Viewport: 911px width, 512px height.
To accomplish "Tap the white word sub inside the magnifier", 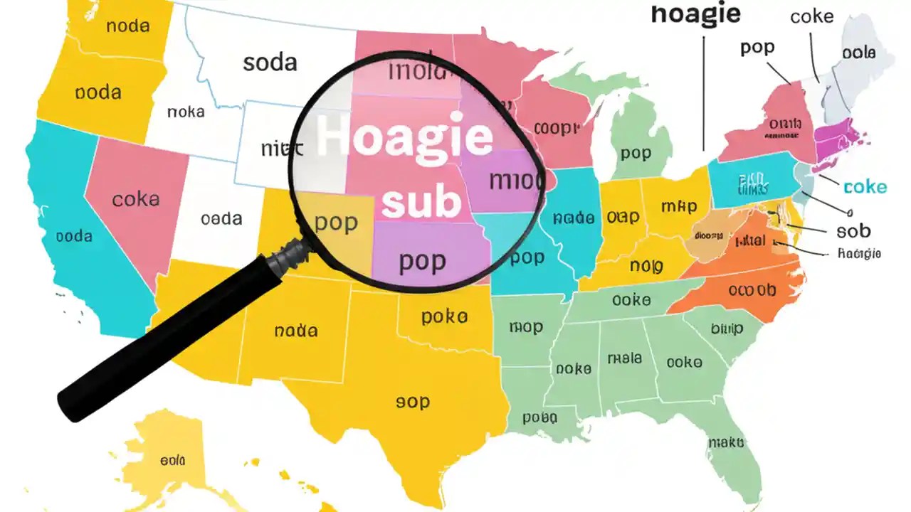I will pos(421,202).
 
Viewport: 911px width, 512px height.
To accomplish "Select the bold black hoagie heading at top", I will pos(695,14).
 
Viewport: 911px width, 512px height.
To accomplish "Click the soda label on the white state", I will pos(270,63).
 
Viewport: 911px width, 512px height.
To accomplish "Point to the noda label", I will pos(127,26).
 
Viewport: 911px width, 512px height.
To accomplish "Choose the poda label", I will pos(98,92).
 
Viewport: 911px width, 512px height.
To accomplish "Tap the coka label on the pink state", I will pos(135,199).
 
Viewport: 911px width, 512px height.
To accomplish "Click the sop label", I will pos(413,402).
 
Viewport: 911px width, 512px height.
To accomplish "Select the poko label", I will pos(444,317).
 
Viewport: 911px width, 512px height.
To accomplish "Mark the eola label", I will pos(172,461).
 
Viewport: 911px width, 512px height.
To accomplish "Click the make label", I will pos(725,443).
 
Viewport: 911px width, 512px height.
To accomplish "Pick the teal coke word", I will pos(865,187).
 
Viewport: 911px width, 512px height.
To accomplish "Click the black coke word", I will pos(811,16).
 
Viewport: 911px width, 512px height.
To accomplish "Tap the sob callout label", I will pos(853,231).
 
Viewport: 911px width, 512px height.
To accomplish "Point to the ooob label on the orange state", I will pos(752,290).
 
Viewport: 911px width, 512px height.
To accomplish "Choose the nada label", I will pos(295,331).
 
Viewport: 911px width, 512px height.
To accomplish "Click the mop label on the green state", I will pos(526,328).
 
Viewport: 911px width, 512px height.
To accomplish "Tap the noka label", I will pos(186,112).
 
